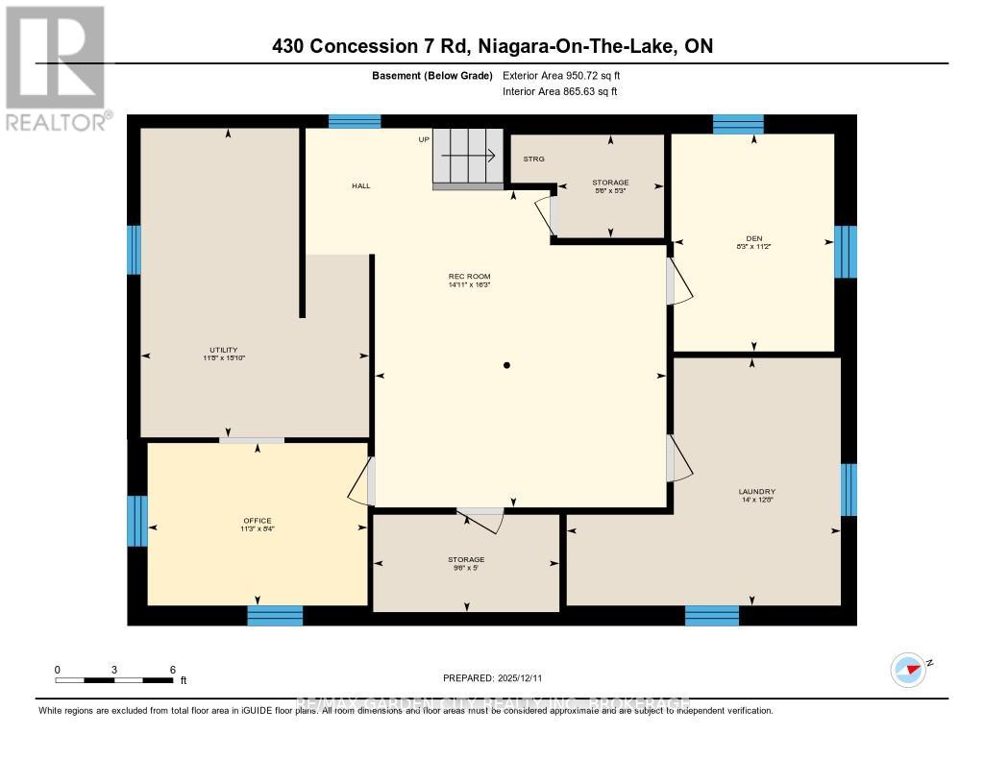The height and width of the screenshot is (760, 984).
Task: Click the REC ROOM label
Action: pyautogui.click(x=469, y=276)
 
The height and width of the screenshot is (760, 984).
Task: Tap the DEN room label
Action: pyautogui.click(x=752, y=238)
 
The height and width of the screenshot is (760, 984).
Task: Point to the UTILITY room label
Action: pyautogui.click(x=224, y=350)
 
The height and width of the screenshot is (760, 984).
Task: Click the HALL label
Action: pyautogui.click(x=360, y=185)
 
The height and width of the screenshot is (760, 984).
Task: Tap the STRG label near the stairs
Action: pyautogui.click(x=533, y=159)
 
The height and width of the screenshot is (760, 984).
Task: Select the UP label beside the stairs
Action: pyautogui.click(x=423, y=140)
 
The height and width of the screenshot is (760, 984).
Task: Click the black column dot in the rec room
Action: pyautogui.click(x=506, y=365)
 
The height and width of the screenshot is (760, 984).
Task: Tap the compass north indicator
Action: pyautogui.click(x=908, y=669)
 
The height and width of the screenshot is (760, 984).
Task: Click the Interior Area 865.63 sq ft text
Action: pyautogui.click(x=560, y=92)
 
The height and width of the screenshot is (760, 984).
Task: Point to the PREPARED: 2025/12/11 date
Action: pyautogui.click(x=491, y=678)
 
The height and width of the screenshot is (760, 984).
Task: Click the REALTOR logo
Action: pyautogui.click(x=57, y=67)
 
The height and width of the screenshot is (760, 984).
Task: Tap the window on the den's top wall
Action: pyautogui.click(x=738, y=124)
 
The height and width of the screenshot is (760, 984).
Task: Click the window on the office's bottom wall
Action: pyautogui.click(x=275, y=616)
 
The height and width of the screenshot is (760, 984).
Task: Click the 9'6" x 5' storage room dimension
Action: pyautogui.click(x=466, y=568)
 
